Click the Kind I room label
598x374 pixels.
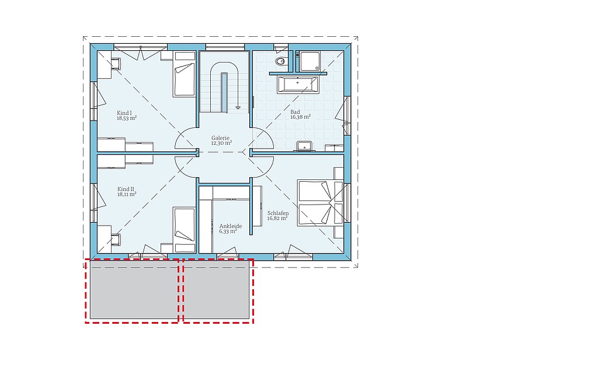click(124, 113)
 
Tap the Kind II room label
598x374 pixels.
click(126, 189)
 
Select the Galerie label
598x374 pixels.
click(220, 138)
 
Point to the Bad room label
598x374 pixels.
click(295, 112)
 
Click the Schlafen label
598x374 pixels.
click(277, 213)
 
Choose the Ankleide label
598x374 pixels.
click(230, 226)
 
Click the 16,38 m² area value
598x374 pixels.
click(301, 117)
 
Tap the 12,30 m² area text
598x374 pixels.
click(221, 143)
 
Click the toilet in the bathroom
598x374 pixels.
click(280, 61)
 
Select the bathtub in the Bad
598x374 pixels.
click(298, 84)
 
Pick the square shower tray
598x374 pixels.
click(310, 61)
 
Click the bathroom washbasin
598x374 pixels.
click(305, 146)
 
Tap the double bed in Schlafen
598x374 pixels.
click(321, 203)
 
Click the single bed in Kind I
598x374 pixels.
click(185, 74)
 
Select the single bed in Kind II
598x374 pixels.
click(185, 230)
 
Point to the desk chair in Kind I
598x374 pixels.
click(116, 64)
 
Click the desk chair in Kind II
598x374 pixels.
click(116, 240)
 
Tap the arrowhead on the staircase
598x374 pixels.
click(238, 108)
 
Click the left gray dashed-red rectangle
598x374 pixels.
click(132, 291)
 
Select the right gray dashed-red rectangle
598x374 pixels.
click(218, 291)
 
